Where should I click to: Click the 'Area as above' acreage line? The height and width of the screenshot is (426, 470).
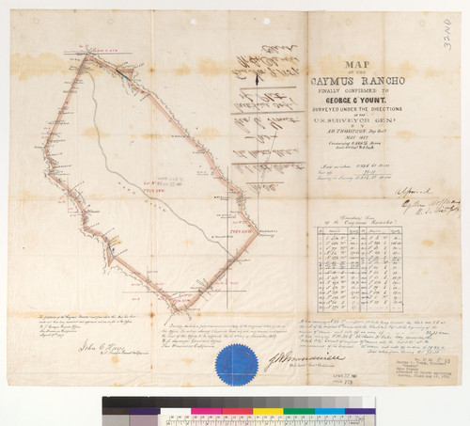pyautogui.click(x=337, y=163)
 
